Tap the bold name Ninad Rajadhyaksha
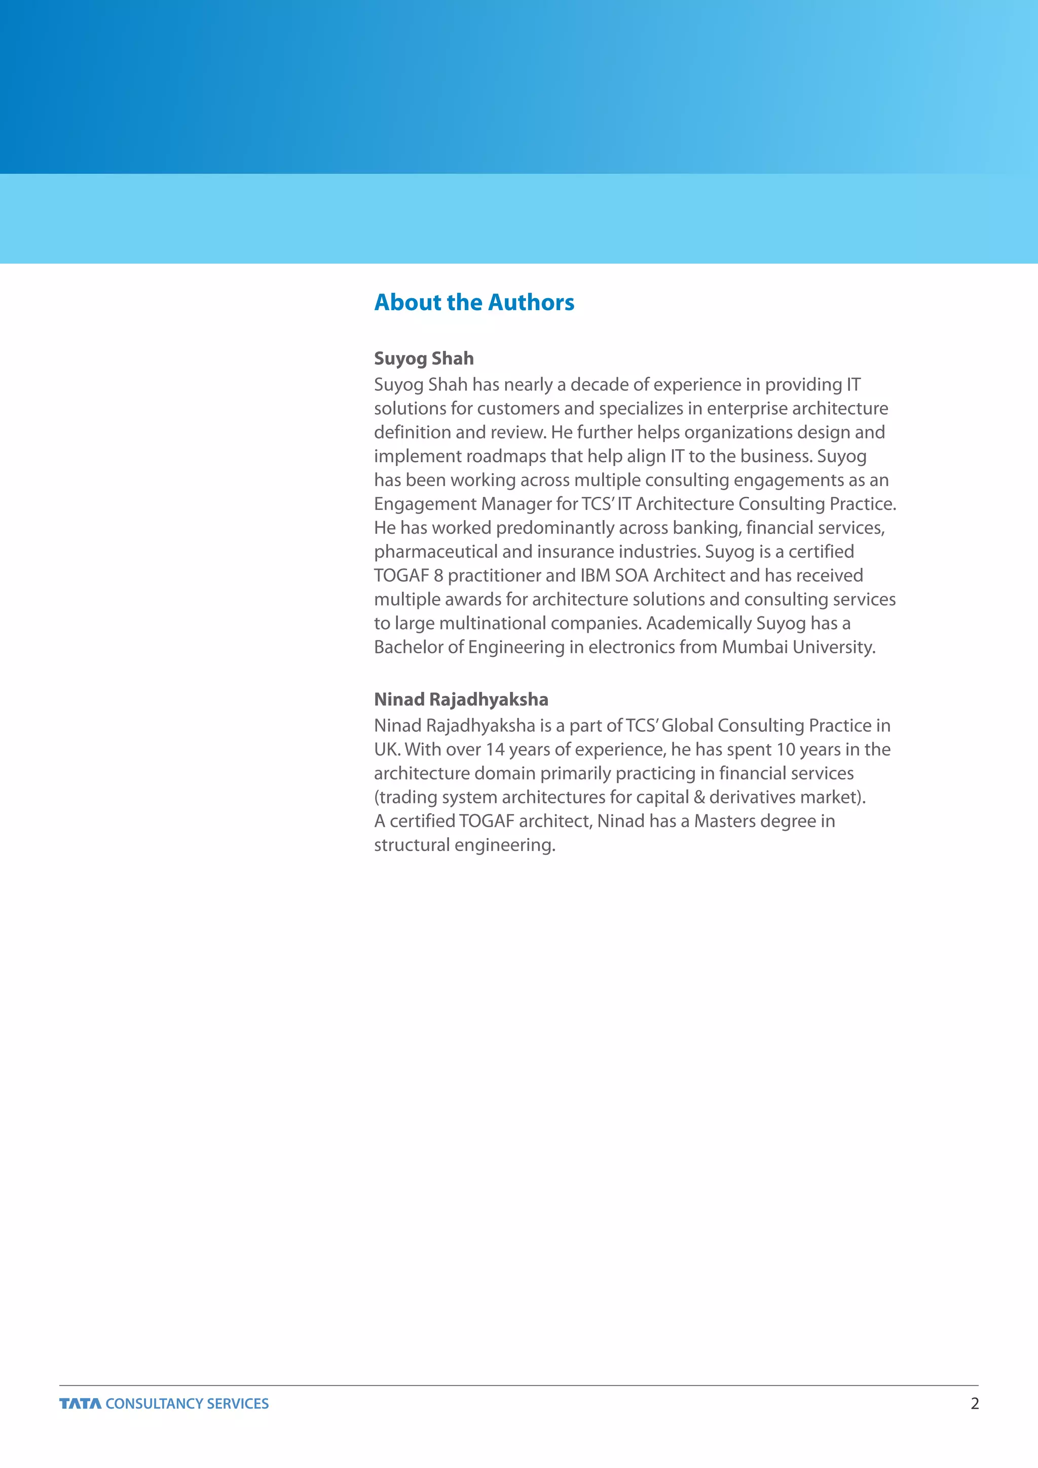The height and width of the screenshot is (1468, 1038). (x=461, y=699)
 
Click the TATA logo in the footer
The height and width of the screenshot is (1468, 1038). (x=81, y=1404)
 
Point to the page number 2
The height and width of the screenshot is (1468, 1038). (x=974, y=1404)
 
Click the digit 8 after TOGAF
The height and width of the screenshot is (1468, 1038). (x=438, y=575)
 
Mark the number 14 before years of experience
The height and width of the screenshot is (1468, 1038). (x=495, y=749)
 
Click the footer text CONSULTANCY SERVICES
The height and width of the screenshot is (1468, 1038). (x=187, y=1404)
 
